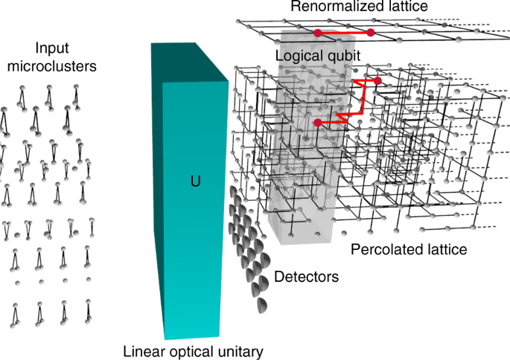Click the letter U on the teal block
click(x=196, y=180)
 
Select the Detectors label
click(x=306, y=277)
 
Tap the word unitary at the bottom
click(x=236, y=350)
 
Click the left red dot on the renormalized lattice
click(x=318, y=33)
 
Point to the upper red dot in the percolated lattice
click(x=377, y=80)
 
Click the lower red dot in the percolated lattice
click(x=318, y=122)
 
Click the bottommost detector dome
click(x=261, y=305)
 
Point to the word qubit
click(x=342, y=56)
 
